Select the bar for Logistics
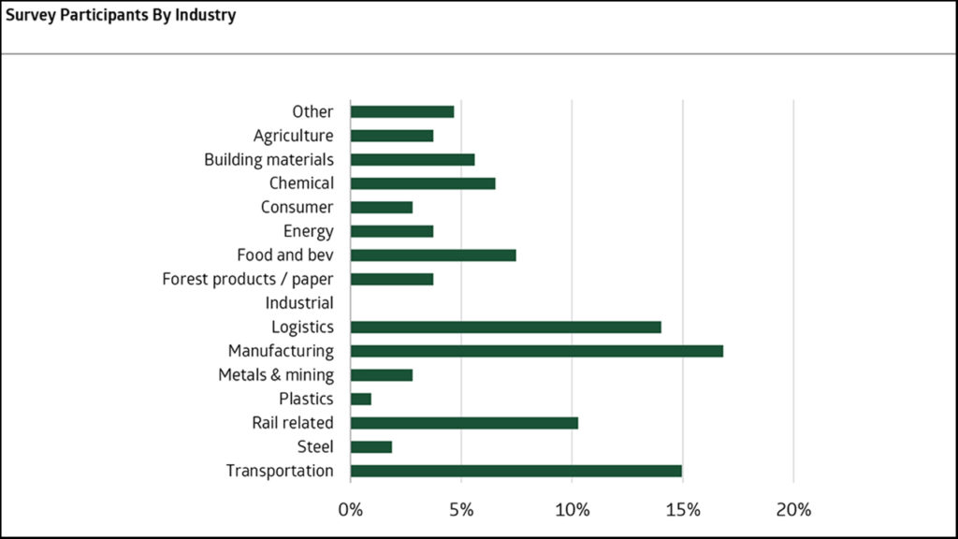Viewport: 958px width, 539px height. tap(505, 327)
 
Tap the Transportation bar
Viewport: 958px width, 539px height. tap(515, 471)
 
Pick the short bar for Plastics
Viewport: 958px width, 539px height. tap(361, 399)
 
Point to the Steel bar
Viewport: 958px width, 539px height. tap(371, 446)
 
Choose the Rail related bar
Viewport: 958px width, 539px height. tap(464, 423)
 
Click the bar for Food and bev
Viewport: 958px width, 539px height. tap(433, 255)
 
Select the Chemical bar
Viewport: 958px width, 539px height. tap(423, 183)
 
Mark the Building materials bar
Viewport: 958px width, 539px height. tap(413, 159)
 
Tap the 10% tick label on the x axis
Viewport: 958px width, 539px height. tap(572, 510)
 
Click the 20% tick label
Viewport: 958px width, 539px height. tap(793, 510)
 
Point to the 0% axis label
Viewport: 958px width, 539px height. tap(351, 510)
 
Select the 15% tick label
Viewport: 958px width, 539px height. tap(683, 510)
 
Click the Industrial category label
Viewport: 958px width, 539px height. tap(299, 303)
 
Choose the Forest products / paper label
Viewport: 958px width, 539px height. tap(248, 279)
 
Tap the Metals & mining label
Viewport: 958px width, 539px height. tap(276, 375)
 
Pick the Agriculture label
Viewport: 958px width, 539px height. tap(293, 136)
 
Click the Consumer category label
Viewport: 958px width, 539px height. tap(298, 207)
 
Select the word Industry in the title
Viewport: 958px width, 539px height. tap(206, 16)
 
